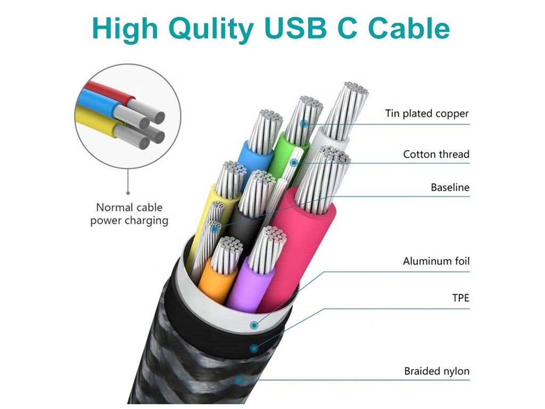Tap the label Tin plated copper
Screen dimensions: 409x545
click(427, 113)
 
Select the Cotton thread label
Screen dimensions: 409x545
click(436, 154)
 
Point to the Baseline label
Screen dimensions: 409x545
click(450, 187)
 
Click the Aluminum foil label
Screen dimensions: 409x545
click(436, 261)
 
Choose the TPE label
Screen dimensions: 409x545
click(460, 298)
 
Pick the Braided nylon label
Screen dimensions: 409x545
click(436, 371)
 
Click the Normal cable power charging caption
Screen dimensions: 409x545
click(129, 214)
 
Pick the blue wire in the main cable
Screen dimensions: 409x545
click(254, 160)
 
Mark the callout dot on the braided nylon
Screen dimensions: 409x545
click(239, 380)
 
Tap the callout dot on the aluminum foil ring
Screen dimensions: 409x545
click(254, 324)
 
